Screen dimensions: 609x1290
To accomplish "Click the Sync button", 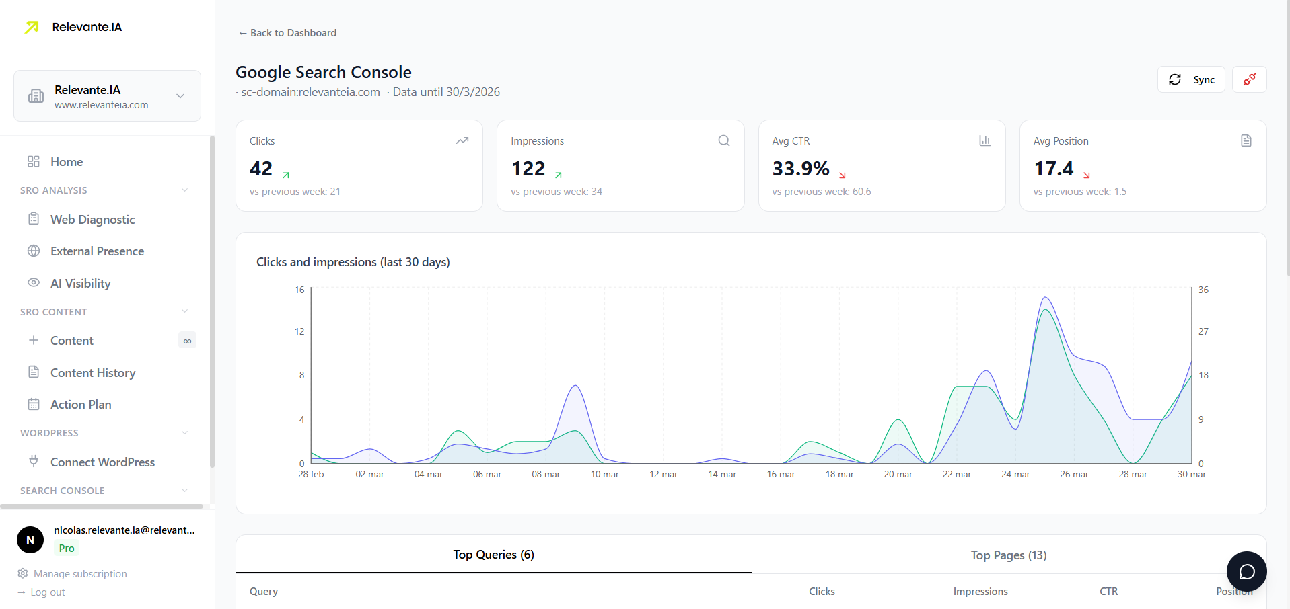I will tap(1191, 79).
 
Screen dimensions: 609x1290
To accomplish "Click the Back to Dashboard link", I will tap(287, 33).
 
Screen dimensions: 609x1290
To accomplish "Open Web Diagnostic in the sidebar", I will tap(92, 220).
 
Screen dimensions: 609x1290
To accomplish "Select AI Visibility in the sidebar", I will tap(80, 284).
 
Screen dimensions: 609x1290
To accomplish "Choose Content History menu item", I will tap(93, 373).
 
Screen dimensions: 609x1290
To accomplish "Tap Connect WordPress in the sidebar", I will tap(102, 462).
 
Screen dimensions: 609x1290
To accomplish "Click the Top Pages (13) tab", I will tap(1008, 555).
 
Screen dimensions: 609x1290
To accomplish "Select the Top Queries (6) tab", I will tap(493, 555).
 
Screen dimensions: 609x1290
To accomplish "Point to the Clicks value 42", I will tap(261, 169).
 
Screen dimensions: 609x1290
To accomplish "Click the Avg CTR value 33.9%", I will tap(800, 169).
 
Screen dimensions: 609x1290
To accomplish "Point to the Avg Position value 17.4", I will tap(1053, 169).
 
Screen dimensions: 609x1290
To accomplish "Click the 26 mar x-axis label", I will tap(1074, 475).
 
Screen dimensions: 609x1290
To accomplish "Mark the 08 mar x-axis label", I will tap(546, 475).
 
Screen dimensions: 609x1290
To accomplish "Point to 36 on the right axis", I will tap(1203, 290).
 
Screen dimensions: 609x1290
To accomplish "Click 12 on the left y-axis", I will tap(299, 332).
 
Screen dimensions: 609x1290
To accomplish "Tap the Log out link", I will tap(47, 592).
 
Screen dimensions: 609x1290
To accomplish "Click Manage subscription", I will tap(80, 574).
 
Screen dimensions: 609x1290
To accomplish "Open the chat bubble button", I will tap(1246, 571).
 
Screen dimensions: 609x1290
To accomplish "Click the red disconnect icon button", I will tap(1249, 79).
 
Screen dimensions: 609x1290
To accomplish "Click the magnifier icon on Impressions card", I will tap(723, 140).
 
